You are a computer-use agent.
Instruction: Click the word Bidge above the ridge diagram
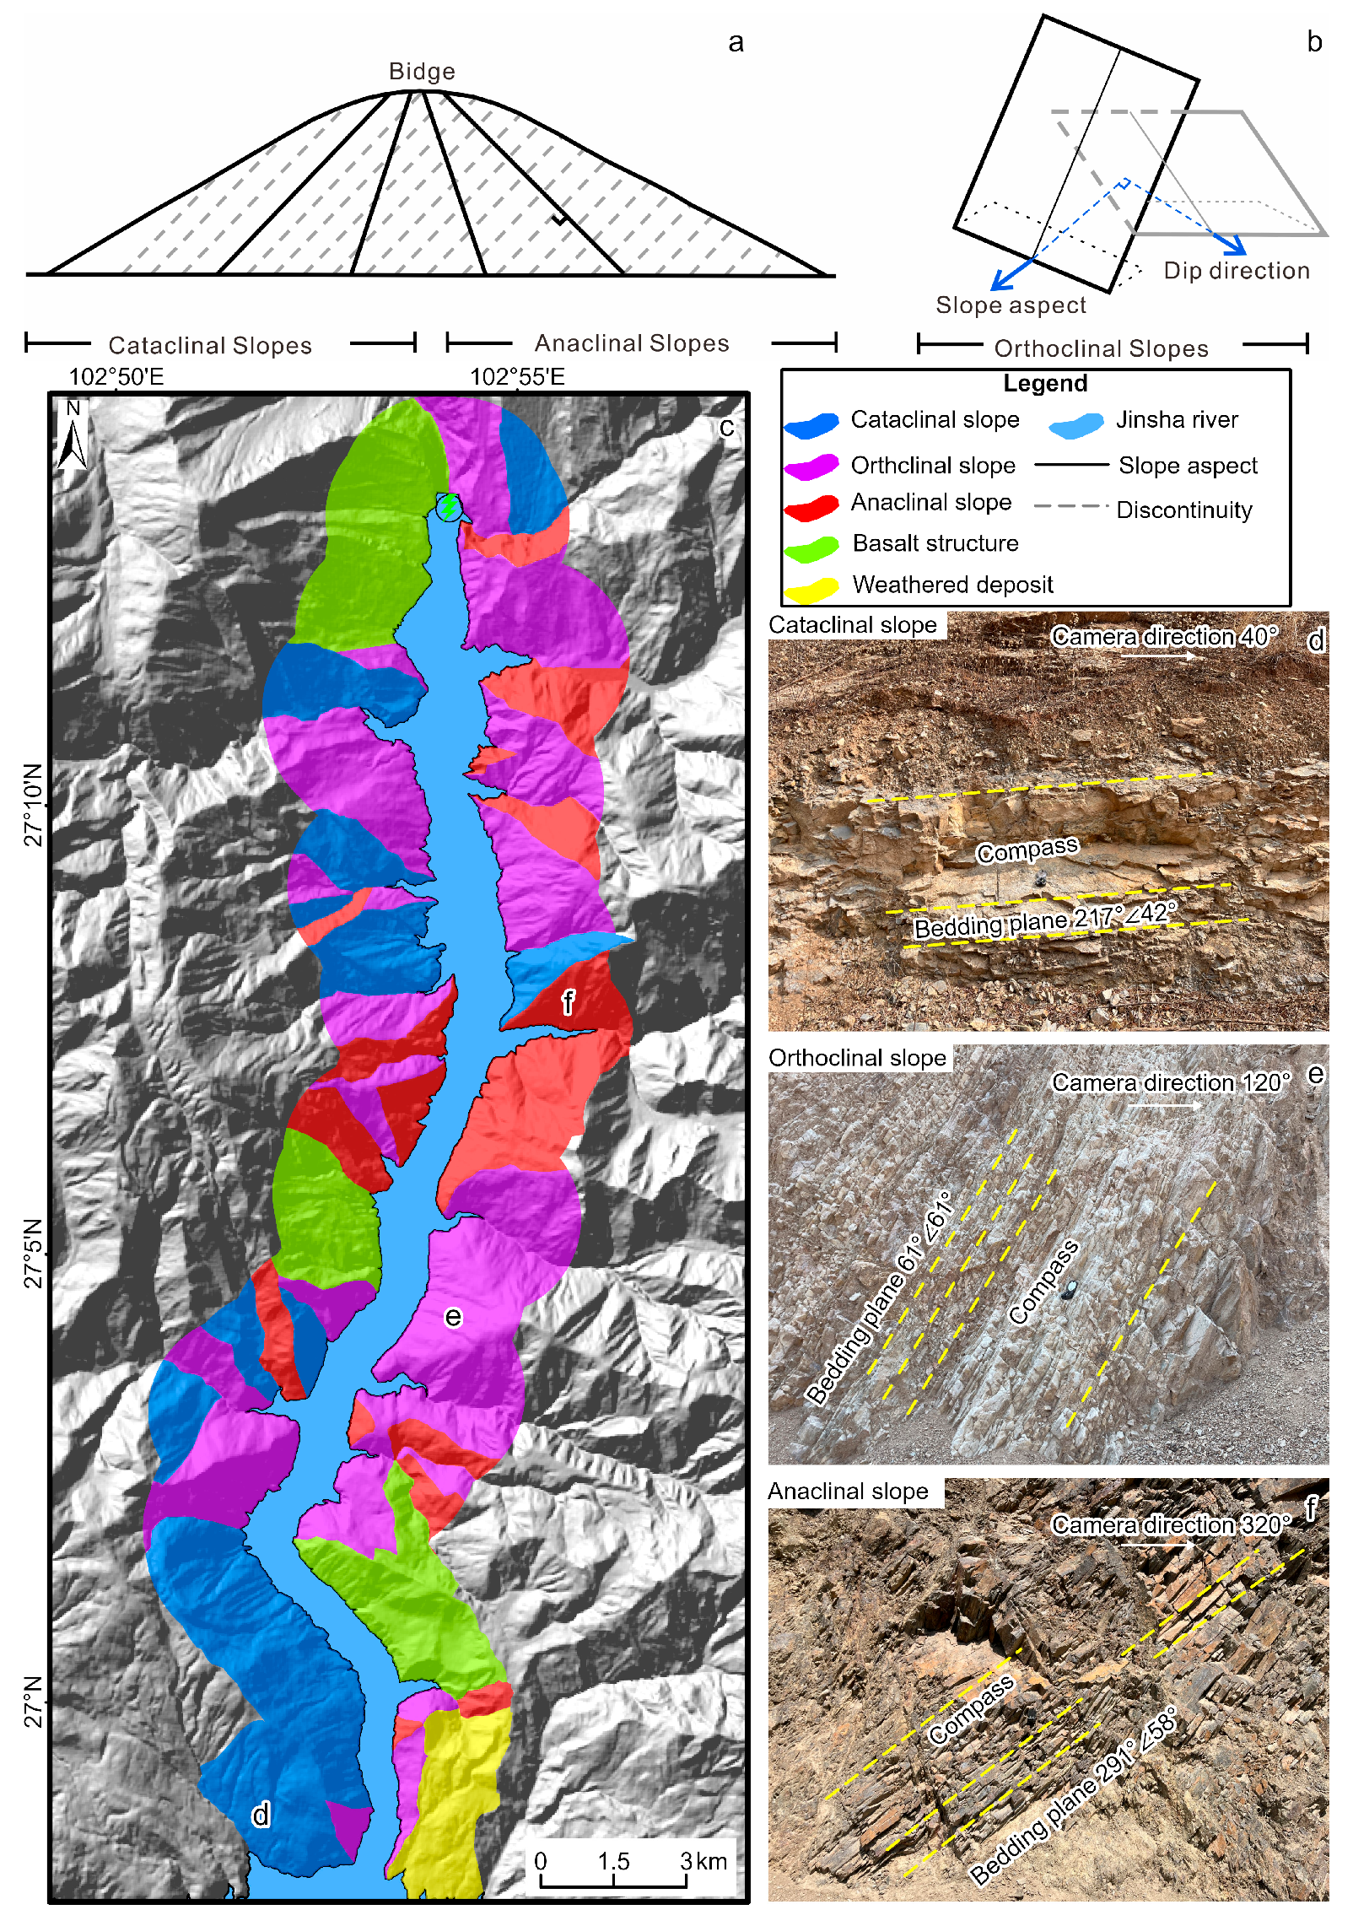click(422, 72)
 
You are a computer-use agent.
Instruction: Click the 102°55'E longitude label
click(517, 376)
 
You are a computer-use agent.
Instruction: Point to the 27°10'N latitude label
click(32, 805)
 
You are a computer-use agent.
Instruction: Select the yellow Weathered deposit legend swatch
click(811, 589)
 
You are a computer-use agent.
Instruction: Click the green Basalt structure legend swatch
click(811, 548)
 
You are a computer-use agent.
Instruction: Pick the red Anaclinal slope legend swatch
click(811, 506)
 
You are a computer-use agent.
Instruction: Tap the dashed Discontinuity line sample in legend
click(1070, 506)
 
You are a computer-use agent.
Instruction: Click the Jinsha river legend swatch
click(1076, 424)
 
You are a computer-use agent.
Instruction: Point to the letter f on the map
click(568, 1002)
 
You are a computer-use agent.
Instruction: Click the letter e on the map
click(453, 1317)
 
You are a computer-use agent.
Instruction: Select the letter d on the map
click(261, 1814)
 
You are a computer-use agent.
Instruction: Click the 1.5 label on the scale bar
click(613, 1861)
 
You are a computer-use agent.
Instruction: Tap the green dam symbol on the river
click(449, 506)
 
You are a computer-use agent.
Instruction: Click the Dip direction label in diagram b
click(1236, 271)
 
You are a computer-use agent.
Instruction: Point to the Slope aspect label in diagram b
click(1011, 305)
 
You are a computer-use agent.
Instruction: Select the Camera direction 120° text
click(1170, 1082)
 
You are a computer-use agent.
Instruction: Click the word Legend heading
click(1044, 384)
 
